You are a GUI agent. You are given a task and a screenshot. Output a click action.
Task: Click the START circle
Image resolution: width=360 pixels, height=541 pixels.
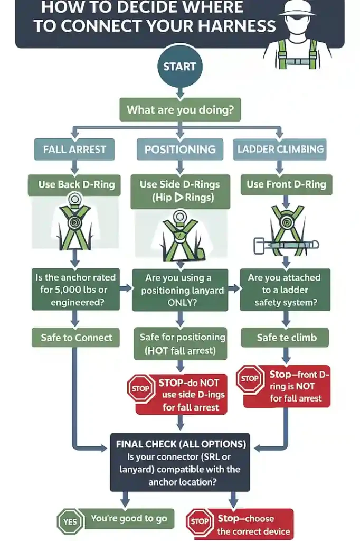coord(179,67)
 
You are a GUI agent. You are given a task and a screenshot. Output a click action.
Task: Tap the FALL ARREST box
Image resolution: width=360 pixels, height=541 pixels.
coord(74,149)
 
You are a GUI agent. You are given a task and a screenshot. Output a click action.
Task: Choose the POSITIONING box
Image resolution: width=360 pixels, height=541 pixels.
coord(180,149)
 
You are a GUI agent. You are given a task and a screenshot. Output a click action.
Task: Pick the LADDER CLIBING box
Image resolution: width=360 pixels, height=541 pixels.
coord(280,149)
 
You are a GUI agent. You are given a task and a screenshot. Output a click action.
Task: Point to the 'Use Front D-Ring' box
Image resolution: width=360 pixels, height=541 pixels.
coord(286,184)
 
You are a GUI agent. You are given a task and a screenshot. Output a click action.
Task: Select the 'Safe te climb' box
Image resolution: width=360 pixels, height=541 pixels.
coord(286,338)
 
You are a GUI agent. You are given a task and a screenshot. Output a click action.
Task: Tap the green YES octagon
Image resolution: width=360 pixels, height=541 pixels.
coord(70,521)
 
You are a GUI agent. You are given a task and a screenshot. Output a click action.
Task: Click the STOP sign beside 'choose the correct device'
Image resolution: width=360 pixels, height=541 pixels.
coord(200,522)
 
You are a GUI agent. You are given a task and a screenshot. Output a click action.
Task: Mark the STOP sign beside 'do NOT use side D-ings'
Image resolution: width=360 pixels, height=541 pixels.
coord(140,388)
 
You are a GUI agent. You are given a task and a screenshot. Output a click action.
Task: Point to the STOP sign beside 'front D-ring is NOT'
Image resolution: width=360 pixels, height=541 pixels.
coord(249,379)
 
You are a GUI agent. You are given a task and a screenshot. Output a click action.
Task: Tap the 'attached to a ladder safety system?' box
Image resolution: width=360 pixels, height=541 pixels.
coord(286,290)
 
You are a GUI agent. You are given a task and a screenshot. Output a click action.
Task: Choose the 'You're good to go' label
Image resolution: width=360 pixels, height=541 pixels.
coord(129,519)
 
